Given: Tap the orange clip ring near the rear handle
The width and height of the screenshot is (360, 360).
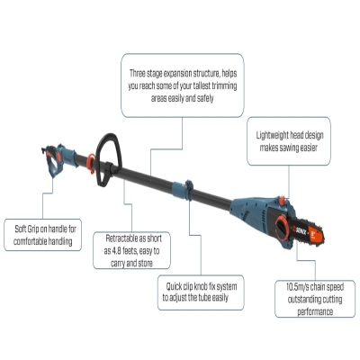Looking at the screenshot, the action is click(x=91, y=164).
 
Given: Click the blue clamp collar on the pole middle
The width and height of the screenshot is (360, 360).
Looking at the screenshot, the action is click(x=183, y=190).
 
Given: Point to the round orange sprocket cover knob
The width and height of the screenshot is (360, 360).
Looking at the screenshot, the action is click(x=283, y=228).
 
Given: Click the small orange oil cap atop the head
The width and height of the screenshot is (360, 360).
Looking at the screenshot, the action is click(x=283, y=200).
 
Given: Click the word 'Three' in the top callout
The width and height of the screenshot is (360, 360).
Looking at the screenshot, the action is click(x=138, y=73).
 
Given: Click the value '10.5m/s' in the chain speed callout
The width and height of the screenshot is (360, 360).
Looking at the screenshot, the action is click(x=297, y=287).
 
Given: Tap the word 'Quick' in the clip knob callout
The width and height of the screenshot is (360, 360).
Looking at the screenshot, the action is click(x=174, y=287).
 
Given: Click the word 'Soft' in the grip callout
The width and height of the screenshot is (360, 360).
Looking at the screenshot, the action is click(x=21, y=229).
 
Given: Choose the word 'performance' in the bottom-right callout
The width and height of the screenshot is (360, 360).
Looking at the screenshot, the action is click(x=315, y=311).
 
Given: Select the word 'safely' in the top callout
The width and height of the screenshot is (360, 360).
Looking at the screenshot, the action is click(x=205, y=98).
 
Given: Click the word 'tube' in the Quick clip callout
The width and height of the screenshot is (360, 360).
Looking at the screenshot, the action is click(x=204, y=298).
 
